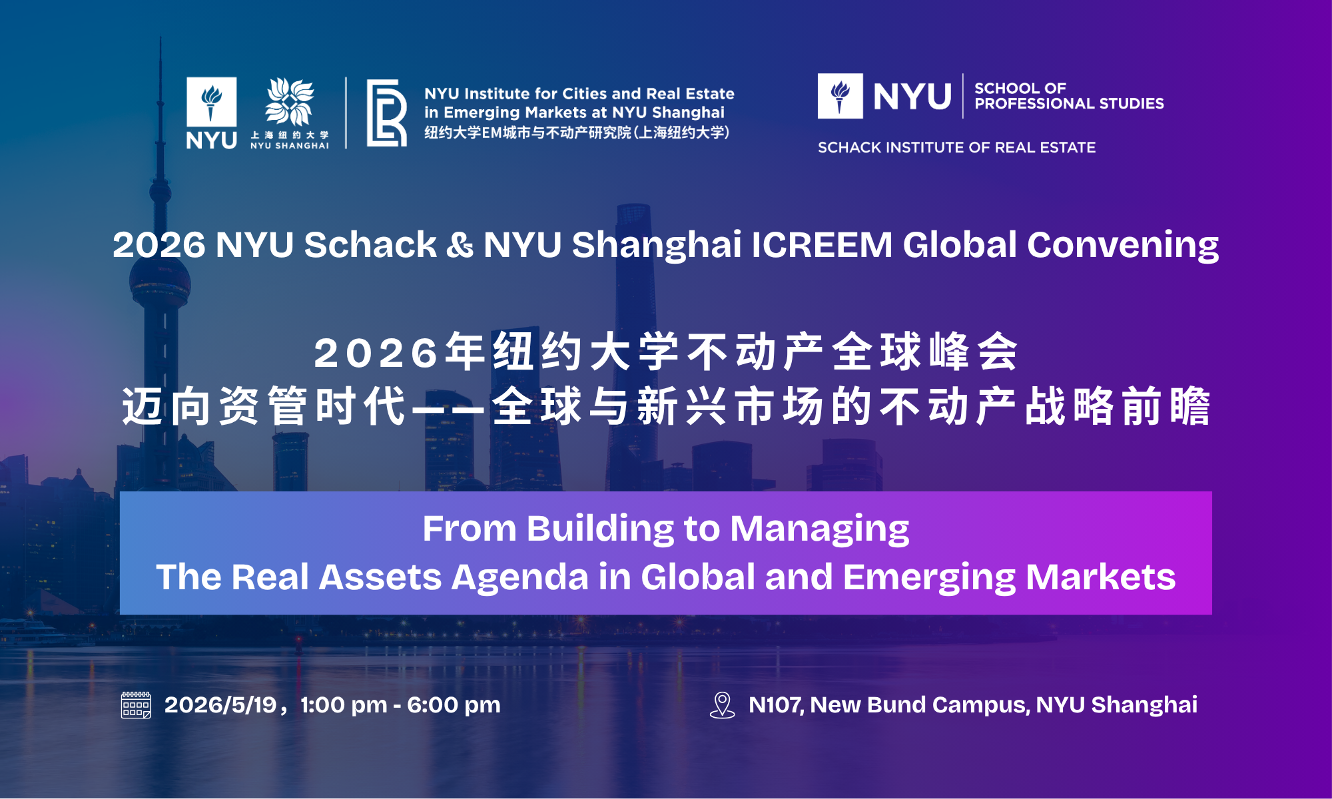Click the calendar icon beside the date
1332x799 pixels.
(x=136, y=705)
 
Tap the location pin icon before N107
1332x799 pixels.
(x=722, y=705)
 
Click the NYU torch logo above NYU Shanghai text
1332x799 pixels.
(x=211, y=102)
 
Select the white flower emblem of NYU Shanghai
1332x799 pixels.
(x=290, y=102)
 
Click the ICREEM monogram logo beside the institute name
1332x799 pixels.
(x=386, y=113)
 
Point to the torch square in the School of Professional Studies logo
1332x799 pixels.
(x=840, y=96)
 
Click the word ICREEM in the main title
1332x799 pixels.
(x=822, y=244)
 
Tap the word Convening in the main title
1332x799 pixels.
(x=1123, y=246)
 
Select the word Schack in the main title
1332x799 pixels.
(x=370, y=244)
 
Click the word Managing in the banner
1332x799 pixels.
(x=820, y=530)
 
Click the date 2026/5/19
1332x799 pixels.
(x=220, y=705)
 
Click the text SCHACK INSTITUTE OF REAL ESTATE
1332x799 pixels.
(x=956, y=147)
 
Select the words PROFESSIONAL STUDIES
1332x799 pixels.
(x=1069, y=104)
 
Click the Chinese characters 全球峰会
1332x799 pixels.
(x=925, y=352)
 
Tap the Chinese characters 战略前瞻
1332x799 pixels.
(x=1118, y=406)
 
